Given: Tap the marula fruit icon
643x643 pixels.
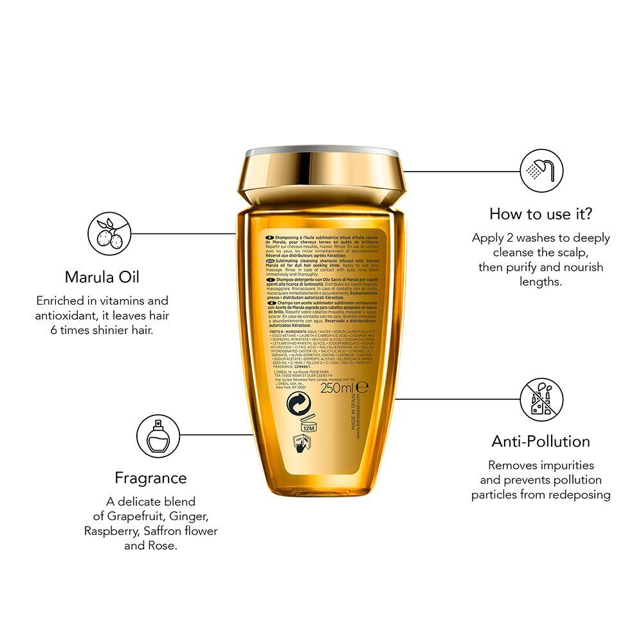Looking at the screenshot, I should (109, 233).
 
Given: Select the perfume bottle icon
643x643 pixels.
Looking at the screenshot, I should (158, 435).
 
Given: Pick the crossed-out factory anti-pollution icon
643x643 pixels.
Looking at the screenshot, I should (541, 399).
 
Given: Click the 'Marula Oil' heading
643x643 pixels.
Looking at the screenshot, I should (102, 277).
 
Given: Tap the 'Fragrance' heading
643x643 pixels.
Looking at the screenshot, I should (150, 478).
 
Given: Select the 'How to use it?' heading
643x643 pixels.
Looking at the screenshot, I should (541, 213).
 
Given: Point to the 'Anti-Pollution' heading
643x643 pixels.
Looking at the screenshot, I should (541, 441).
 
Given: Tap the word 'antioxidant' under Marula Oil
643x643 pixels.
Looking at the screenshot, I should (71, 315).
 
